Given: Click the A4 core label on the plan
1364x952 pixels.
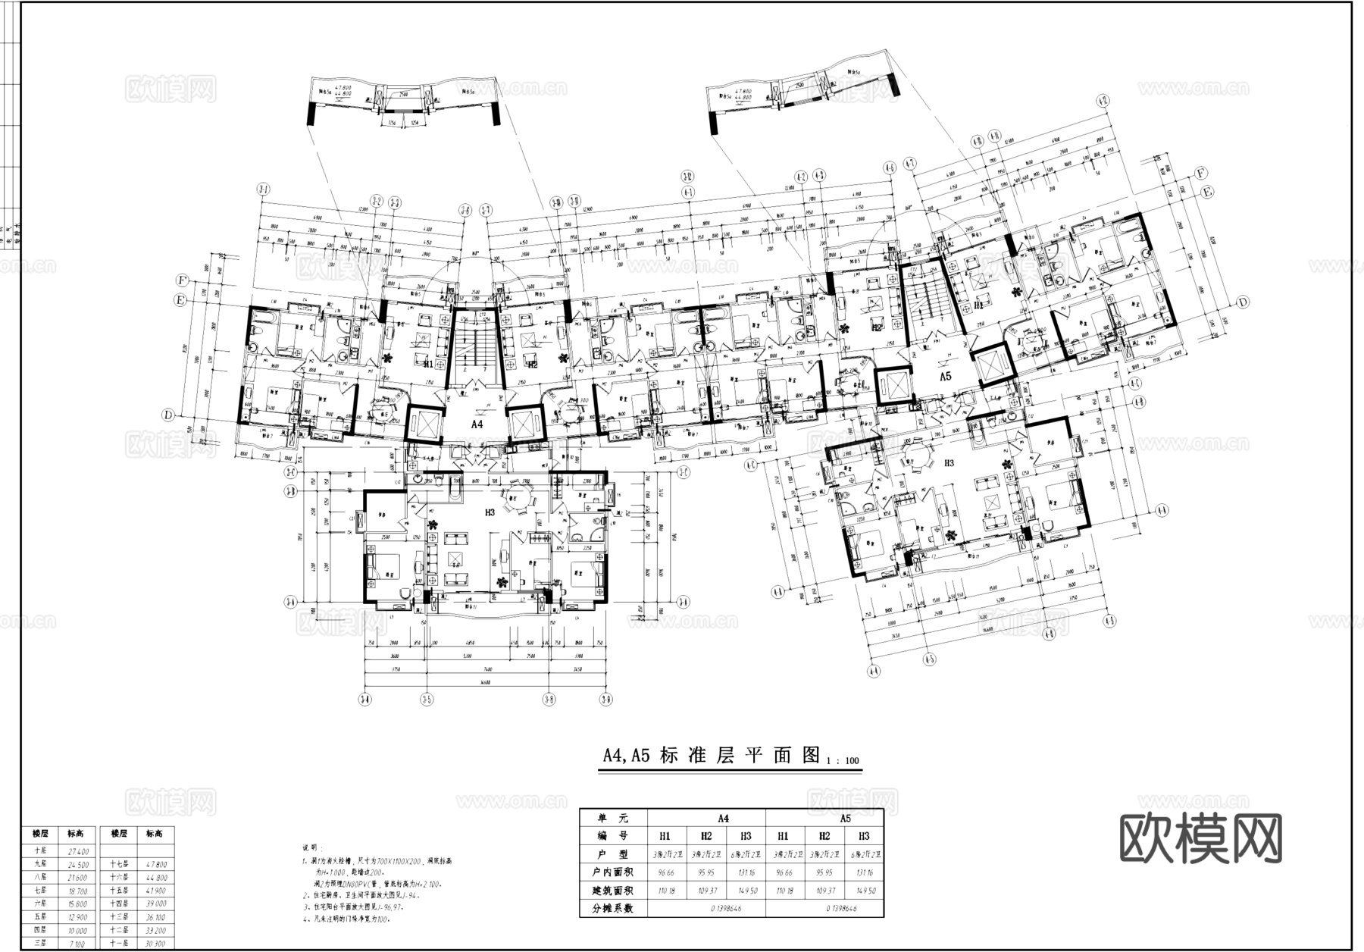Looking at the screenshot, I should [x=477, y=424].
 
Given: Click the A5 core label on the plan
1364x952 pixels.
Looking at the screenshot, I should [x=946, y=377].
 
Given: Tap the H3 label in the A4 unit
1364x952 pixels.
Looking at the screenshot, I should [x=490, y=512].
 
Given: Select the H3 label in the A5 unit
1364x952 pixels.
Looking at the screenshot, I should [x=949, y=462].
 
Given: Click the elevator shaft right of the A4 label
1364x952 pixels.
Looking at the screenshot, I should [x=525, y=424].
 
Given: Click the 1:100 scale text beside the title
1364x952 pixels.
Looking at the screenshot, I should [x=843, y=760].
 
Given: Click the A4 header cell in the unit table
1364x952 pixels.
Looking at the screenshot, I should [x=724, y=819].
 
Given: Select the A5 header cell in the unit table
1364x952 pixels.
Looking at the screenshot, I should [x=845, y=819].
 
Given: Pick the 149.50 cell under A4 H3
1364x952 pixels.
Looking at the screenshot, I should [x=746, y=891].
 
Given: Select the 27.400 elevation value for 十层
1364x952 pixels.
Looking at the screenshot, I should [x=78, y=851].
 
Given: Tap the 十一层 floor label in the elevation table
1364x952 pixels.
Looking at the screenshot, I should [x=118, y=944].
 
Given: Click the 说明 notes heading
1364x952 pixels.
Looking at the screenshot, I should [x=311, y=847].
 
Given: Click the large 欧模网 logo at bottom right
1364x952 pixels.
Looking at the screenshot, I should [x=1200, y=839].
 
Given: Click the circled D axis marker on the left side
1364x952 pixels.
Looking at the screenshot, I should [x=168, y=415].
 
